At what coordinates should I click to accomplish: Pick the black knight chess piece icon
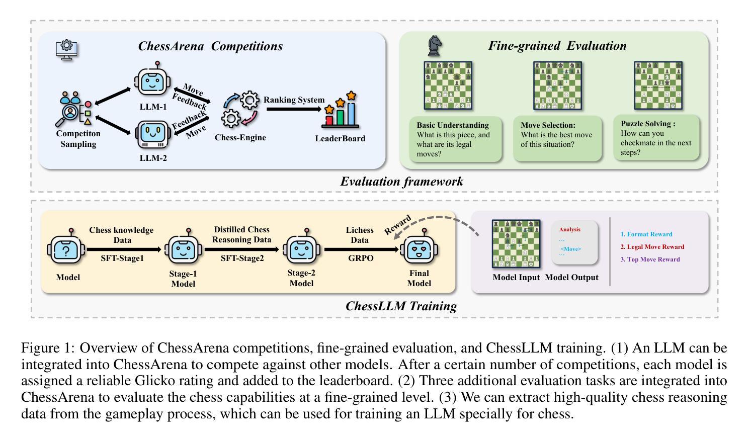(434, 47)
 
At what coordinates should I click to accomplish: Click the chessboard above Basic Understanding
(448, 85)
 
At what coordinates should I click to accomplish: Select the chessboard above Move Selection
(557, 85)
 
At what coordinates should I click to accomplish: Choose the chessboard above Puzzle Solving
(658, 85)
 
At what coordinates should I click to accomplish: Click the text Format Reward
(646, 234)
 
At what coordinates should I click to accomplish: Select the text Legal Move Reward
(652, 247)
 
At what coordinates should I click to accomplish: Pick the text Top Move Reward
(650, 259)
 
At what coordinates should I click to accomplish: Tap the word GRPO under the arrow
(360, 258)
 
